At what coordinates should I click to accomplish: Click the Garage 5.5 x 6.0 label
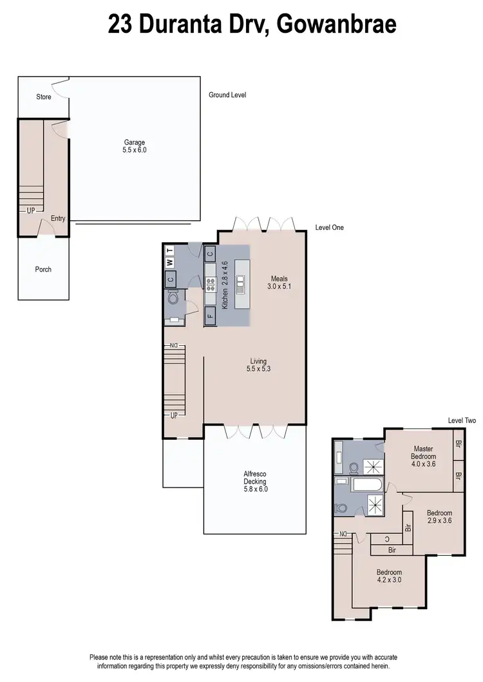(x=135, y=146)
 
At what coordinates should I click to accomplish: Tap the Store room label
(x=43, y=97)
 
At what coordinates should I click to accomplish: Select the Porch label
(x=43, y=269)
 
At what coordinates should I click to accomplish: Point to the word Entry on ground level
(x=58, y=218)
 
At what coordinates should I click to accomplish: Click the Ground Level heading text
(x=227, y=95)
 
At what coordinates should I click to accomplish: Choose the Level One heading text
(x=329, y=227)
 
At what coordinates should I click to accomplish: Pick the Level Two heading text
(x=461, y=421)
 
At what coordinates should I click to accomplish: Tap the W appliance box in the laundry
(x=170, y=263)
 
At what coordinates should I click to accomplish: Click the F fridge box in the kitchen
(x=210, y=316)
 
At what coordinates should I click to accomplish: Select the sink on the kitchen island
(x=241, y=281)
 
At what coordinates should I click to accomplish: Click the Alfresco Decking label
(x=254, y=481)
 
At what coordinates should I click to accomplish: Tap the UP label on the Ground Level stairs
(x=31, y=211)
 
